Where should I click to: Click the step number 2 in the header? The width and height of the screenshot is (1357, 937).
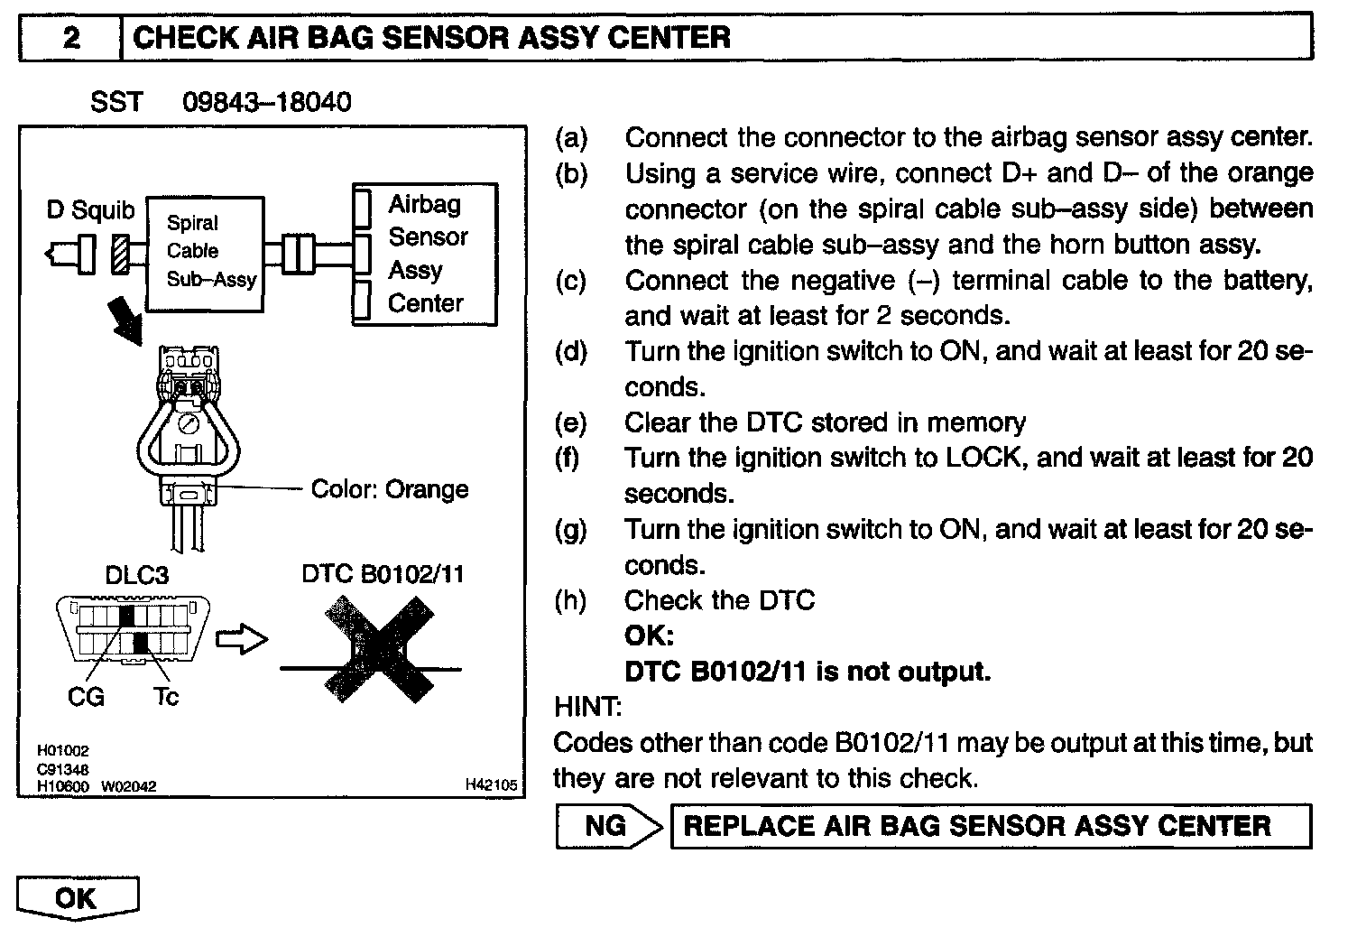(71, 38)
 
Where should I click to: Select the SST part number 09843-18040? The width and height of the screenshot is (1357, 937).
(267, 102)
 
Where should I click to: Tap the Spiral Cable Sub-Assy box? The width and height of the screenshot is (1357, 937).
(207, 254)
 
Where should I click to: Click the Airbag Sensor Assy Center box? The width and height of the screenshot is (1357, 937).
(426, 255)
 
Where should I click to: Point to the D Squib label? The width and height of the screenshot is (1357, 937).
(90, 210)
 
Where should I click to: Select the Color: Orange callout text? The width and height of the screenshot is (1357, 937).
(389, 489)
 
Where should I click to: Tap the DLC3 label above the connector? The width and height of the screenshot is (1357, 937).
(137, 575)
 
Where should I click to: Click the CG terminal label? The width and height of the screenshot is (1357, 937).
(86, 697)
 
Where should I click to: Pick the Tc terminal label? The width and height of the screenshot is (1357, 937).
(165, 697)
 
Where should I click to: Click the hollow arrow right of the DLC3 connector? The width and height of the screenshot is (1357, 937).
(243, 639)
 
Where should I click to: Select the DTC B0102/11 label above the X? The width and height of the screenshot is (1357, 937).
(383, 575)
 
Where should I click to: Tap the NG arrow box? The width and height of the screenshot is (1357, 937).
(610, 826)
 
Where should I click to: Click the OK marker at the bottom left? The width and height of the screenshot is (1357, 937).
(77, 898)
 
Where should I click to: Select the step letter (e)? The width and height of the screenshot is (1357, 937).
(570, 422)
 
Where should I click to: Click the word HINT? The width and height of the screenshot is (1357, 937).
(587, 707)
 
